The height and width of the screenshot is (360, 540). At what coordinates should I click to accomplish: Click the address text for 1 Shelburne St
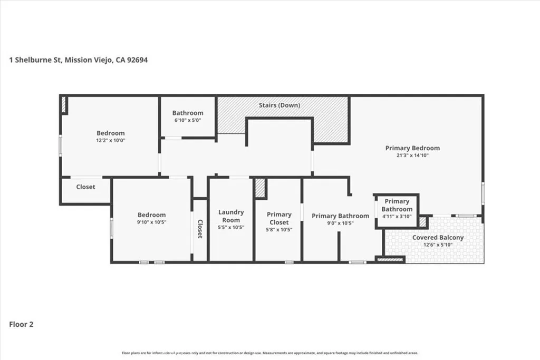(79, 60)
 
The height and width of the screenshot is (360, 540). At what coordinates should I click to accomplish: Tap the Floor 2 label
(22, 325)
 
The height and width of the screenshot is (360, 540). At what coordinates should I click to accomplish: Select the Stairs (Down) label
(279, 105)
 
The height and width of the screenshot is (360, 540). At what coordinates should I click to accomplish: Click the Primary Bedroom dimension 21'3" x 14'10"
(412, 156)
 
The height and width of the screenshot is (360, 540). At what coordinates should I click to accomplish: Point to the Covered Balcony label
(438, 238)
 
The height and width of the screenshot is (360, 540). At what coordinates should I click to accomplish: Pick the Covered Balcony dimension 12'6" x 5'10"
(438, 245)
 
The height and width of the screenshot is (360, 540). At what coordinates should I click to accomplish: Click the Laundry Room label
(231, 216)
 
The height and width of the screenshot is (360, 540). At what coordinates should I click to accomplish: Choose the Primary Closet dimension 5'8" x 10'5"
(279, 230)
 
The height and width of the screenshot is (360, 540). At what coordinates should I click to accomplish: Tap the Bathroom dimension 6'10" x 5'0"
(187, 120)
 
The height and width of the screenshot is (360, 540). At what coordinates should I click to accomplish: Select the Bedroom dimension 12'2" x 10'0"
(110, 141)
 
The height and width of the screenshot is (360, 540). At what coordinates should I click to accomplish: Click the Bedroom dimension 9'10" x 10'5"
(151, 222)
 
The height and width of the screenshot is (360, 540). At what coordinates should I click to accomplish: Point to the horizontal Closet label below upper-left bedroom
(85, 187)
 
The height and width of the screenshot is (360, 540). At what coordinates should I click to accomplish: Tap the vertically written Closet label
(200, 229)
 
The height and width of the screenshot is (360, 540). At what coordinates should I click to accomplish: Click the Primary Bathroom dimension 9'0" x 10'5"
(340, 223)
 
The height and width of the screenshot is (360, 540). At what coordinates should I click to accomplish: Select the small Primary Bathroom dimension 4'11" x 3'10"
(397, 217)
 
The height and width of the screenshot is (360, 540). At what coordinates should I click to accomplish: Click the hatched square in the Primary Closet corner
(259, 188)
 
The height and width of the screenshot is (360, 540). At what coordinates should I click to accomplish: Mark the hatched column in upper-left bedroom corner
(64, 104)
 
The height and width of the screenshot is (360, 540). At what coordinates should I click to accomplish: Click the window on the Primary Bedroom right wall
(483, 193)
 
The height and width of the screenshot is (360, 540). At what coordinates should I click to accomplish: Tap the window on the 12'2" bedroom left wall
(60, 147)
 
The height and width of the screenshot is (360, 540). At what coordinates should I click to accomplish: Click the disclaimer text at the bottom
(270, 353)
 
